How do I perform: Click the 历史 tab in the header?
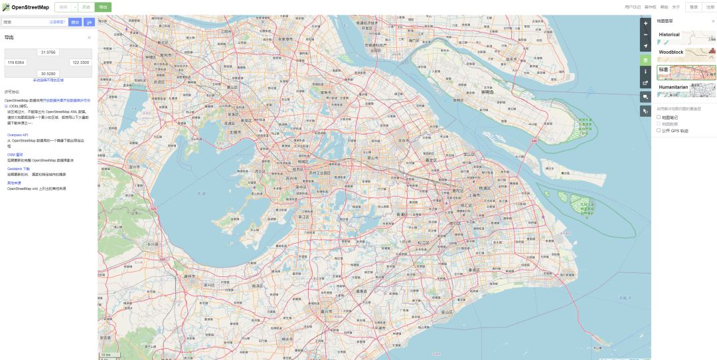[x=86, y=7]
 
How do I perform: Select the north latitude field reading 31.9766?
[x=48, y=52]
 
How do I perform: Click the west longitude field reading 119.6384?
[x=16, y=62]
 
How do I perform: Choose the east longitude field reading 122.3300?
[x=80, y=62]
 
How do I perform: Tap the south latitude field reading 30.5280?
[x=48, y=73]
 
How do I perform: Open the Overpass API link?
[x=18, y=135]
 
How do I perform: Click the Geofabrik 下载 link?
[x=19, y=169]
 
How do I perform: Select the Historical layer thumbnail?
[x=686, y=38]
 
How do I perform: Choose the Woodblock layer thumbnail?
[x=686, y=55]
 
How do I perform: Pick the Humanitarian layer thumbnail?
[x=686, y=90]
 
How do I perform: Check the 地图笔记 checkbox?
[x=659, y=118]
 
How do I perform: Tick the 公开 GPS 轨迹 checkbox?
[x=659, y=131]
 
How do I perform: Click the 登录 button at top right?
[x=694, y=7]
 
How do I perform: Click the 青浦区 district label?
[x=402, y=215]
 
